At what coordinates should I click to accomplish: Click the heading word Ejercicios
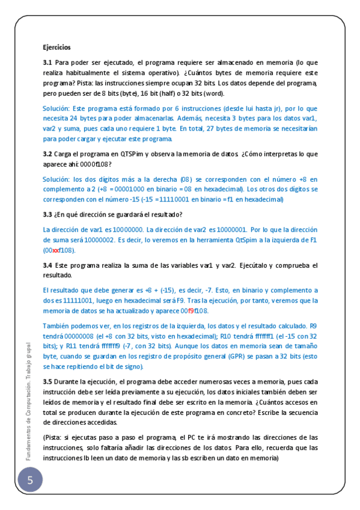click(x=56, y=46)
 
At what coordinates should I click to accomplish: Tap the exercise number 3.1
click(x=47, y=62)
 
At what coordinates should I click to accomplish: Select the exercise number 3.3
click(x=47, y=215)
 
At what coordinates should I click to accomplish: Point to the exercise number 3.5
click(x=47, y=382)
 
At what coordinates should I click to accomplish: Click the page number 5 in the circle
click(x=30, y=481)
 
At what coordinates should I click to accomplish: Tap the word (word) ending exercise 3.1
click(x=212, y=94)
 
